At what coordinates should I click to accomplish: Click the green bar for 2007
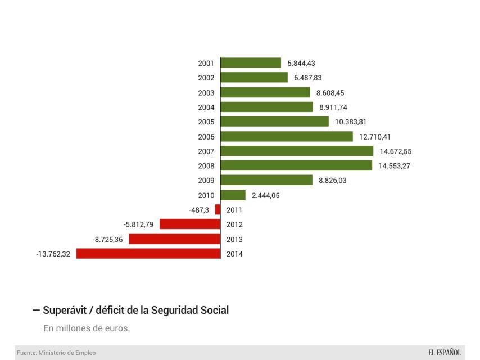[x=297, y=151]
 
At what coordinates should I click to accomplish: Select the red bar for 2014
[x=148, y=254]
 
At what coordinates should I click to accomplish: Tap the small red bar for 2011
[x=218, y=209]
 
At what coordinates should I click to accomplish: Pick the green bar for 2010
[x=233, y=195]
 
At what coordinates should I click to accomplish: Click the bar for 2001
[x=251, y=63]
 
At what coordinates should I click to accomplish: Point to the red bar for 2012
[x=190, y=224]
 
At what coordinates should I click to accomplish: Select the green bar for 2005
[x=275, y=121]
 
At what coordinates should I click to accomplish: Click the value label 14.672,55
[x=396, y=151]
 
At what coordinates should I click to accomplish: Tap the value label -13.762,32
[x=53, y=254]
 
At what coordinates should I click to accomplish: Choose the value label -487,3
[x=199, y=210]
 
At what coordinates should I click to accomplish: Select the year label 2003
[x=206, y=93]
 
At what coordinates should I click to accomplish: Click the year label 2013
[x=234, y=239]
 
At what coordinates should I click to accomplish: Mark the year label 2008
[x=206, y=166]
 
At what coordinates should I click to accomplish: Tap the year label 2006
[x=206, y=137]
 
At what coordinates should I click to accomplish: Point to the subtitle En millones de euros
[x=87, y=328]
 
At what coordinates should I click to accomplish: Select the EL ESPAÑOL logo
[x=444, y=353]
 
